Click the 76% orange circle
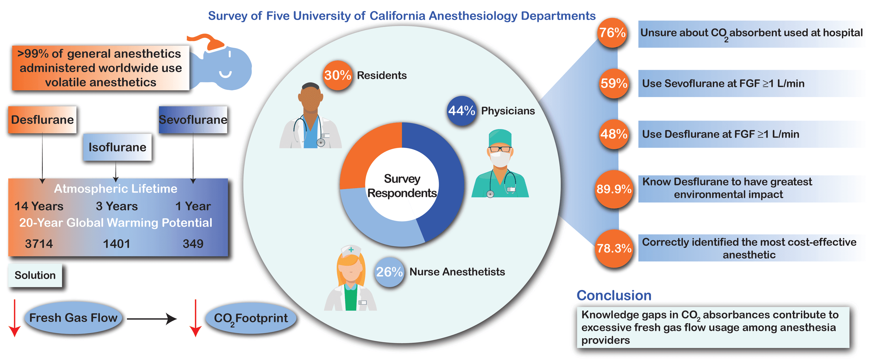pyautogui.click(x=612, y=33)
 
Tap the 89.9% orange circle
pyautogui.click(x=614, y=189)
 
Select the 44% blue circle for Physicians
pyautogui.click(x=461, y=111)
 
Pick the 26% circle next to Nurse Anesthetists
pyautogui.click(x=389, y=272)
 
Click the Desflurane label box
pyautogui.click(x=42, y=120)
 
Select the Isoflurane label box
pyautogui.click(x=117, y=147)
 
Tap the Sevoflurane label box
pyautogui.click(x=193, y=120)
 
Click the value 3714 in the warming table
pyautogui.click(x=39, y=244)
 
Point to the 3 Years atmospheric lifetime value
pyautogui.click(x=117, y=206)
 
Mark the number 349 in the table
pyautogui.click(x=193, y=244)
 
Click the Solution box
pyautogui.click(x=35, y=275)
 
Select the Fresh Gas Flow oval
pyautogui.click(x=73, y=318)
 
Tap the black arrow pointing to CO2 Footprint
pyautogui.click(x=152, y=319)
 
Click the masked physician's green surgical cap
pyautogui.click(x=500, y=137)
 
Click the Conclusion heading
pyautogui.click(x=614, y=296)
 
